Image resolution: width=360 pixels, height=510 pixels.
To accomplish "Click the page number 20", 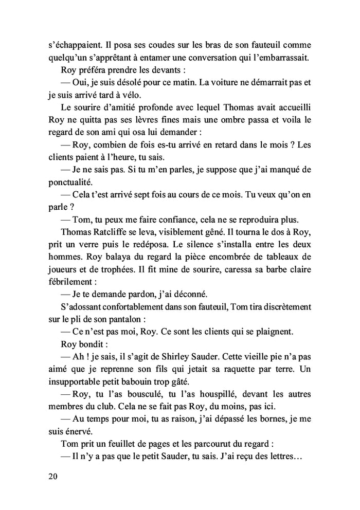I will tap(51, 476).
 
